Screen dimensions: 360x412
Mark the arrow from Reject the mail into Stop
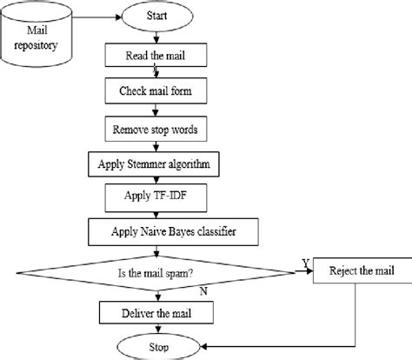(261, 347)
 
